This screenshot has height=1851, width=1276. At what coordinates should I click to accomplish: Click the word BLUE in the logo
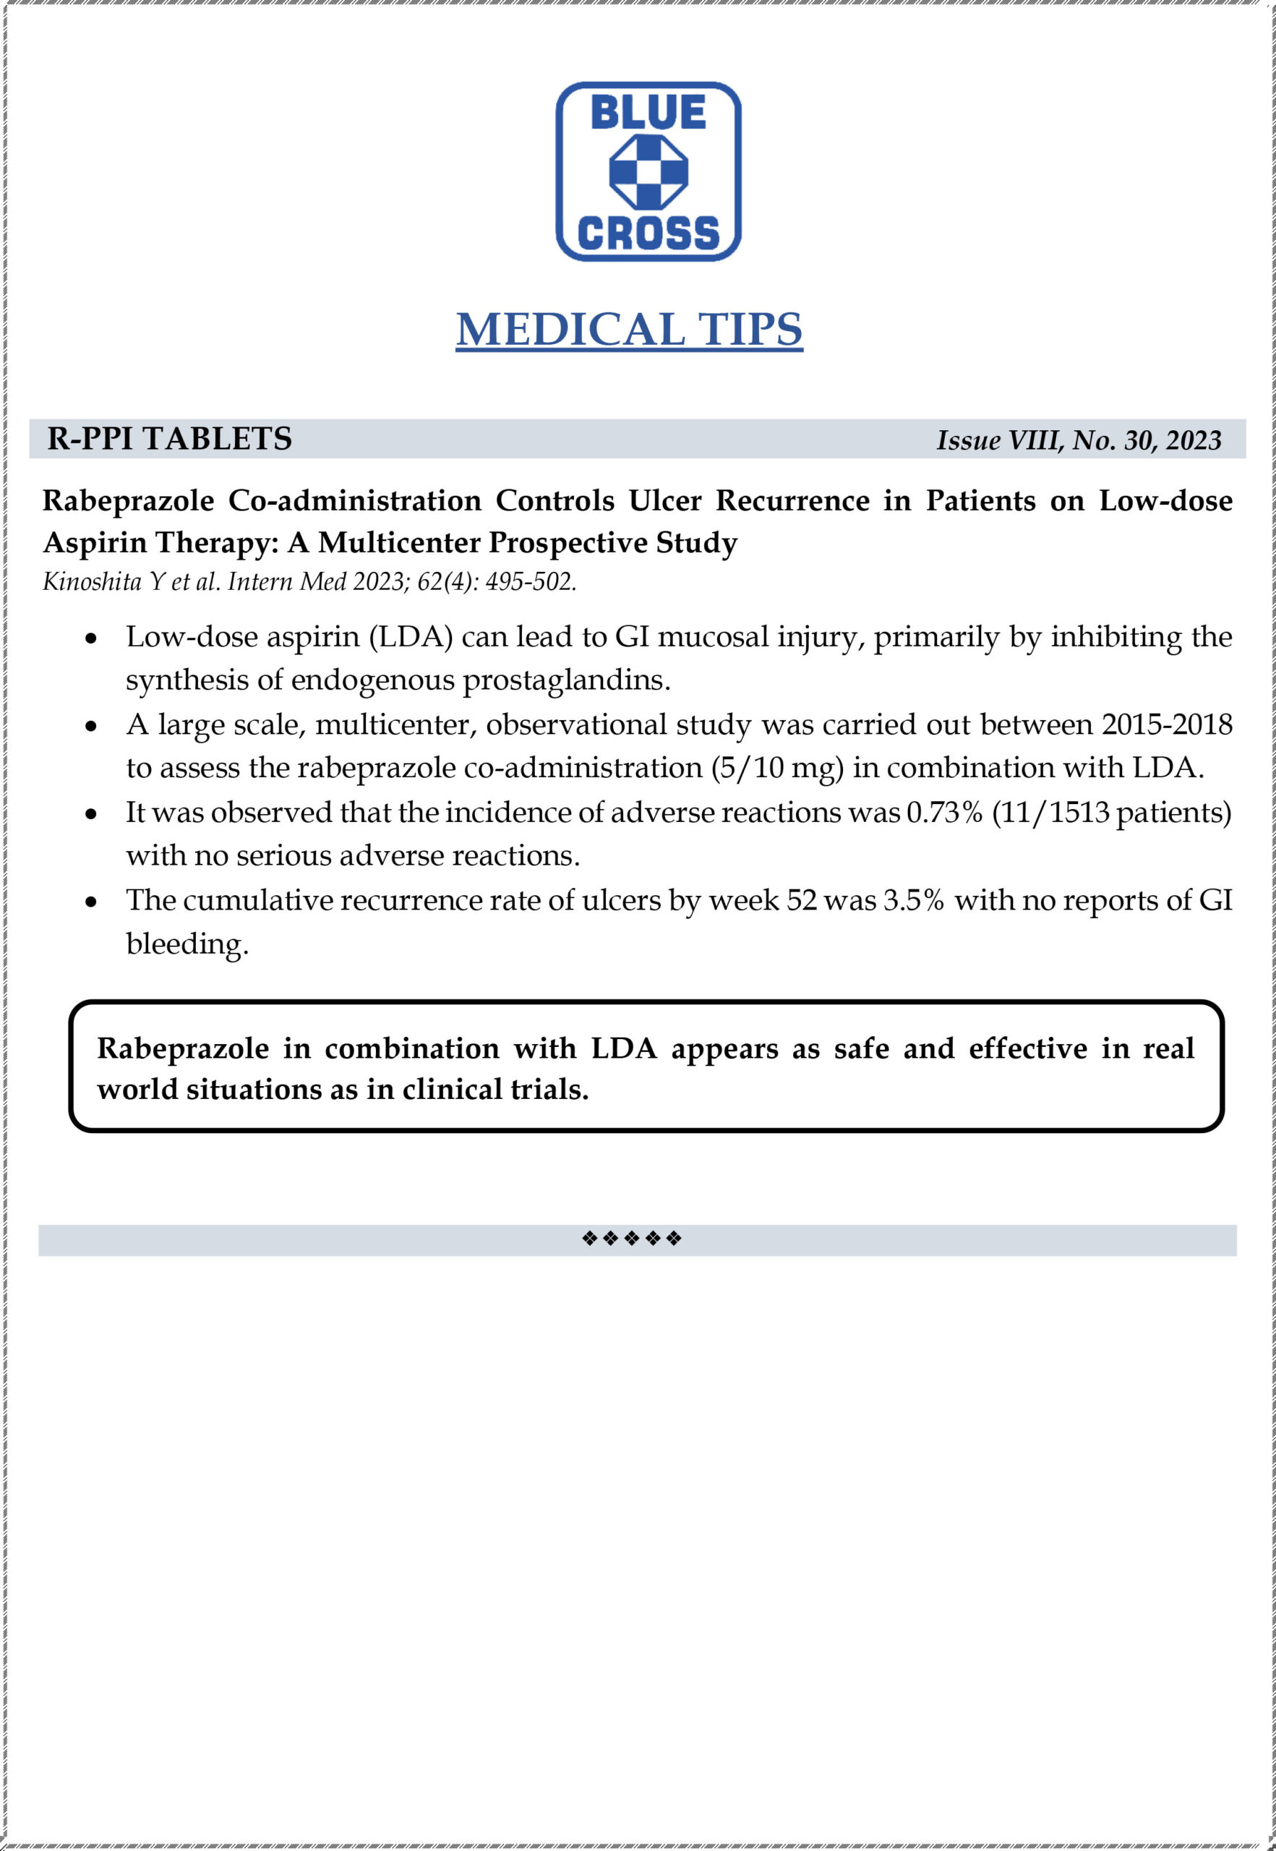click(648, 112)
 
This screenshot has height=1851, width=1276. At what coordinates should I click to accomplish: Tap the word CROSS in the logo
click(648, 233)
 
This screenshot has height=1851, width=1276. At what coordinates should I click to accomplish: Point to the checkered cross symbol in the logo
click(648, 171)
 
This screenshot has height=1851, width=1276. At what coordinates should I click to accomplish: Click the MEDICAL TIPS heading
click(629, 330)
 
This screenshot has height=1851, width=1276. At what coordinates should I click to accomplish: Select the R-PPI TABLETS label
click(169, 439)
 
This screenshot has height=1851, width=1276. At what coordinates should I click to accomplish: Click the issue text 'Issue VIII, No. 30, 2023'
click(1079, 440)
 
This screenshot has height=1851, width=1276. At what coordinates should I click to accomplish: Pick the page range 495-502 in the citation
click(530, 581)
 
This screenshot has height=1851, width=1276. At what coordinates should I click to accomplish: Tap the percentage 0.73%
click(943, 813)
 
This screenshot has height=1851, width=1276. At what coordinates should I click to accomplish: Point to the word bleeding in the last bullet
click(187, 944)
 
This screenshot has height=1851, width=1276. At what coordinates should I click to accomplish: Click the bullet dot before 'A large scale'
click(92, 727)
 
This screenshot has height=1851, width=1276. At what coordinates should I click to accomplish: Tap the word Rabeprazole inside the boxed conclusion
click(183, 1048)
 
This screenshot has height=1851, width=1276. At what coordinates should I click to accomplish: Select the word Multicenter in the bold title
click(399, 543)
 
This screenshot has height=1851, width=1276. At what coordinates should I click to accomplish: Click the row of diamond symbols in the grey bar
click(632, 1239)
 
